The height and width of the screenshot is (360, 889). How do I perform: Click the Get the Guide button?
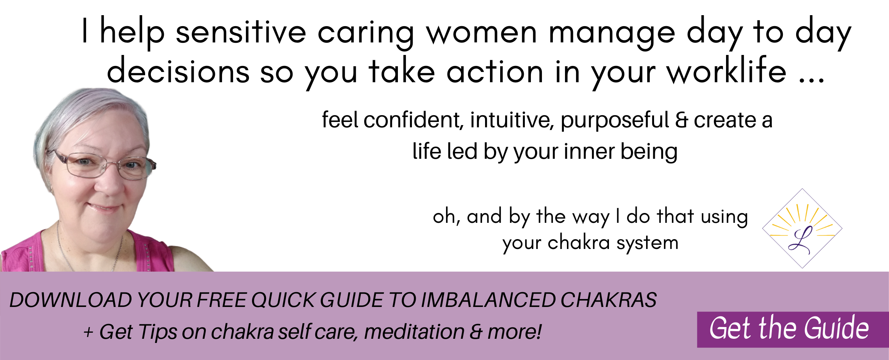click(793, 329)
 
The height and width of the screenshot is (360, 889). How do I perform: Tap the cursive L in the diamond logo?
click(800, 240)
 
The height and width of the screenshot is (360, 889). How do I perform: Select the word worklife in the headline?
click(727, 70)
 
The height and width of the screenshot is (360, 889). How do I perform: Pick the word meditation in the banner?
click(414, 332)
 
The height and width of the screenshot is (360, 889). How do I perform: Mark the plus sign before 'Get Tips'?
click(88, 332)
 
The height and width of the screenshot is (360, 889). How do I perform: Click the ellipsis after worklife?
click(811, 80)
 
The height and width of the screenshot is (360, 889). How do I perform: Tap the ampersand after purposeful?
click(681, 120)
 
